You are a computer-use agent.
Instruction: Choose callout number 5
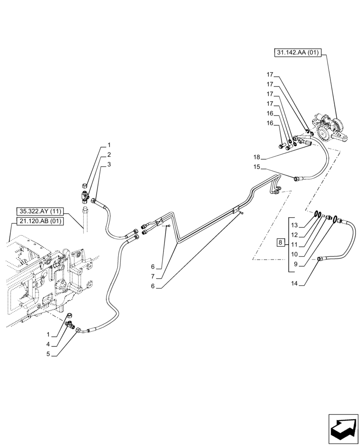click(x=54, y=355)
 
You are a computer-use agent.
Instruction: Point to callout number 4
click(x=54, y=344)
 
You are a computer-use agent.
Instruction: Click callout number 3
click(x=109, y=165)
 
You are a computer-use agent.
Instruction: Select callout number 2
click(x=109, y=155)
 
